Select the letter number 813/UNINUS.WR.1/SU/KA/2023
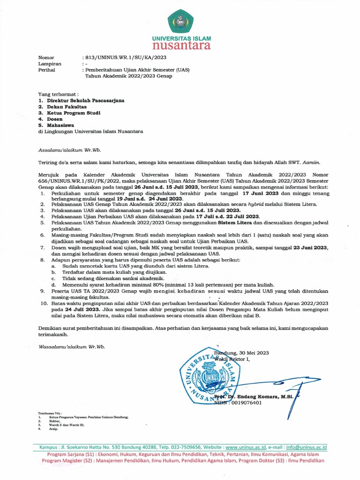point(123,58)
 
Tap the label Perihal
point(46,69)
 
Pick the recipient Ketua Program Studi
point(74,113)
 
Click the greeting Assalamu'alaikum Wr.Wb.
point(69,150)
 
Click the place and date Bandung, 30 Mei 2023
point(242,352)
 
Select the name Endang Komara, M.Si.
point(271,397)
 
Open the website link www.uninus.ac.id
point(246,448)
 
